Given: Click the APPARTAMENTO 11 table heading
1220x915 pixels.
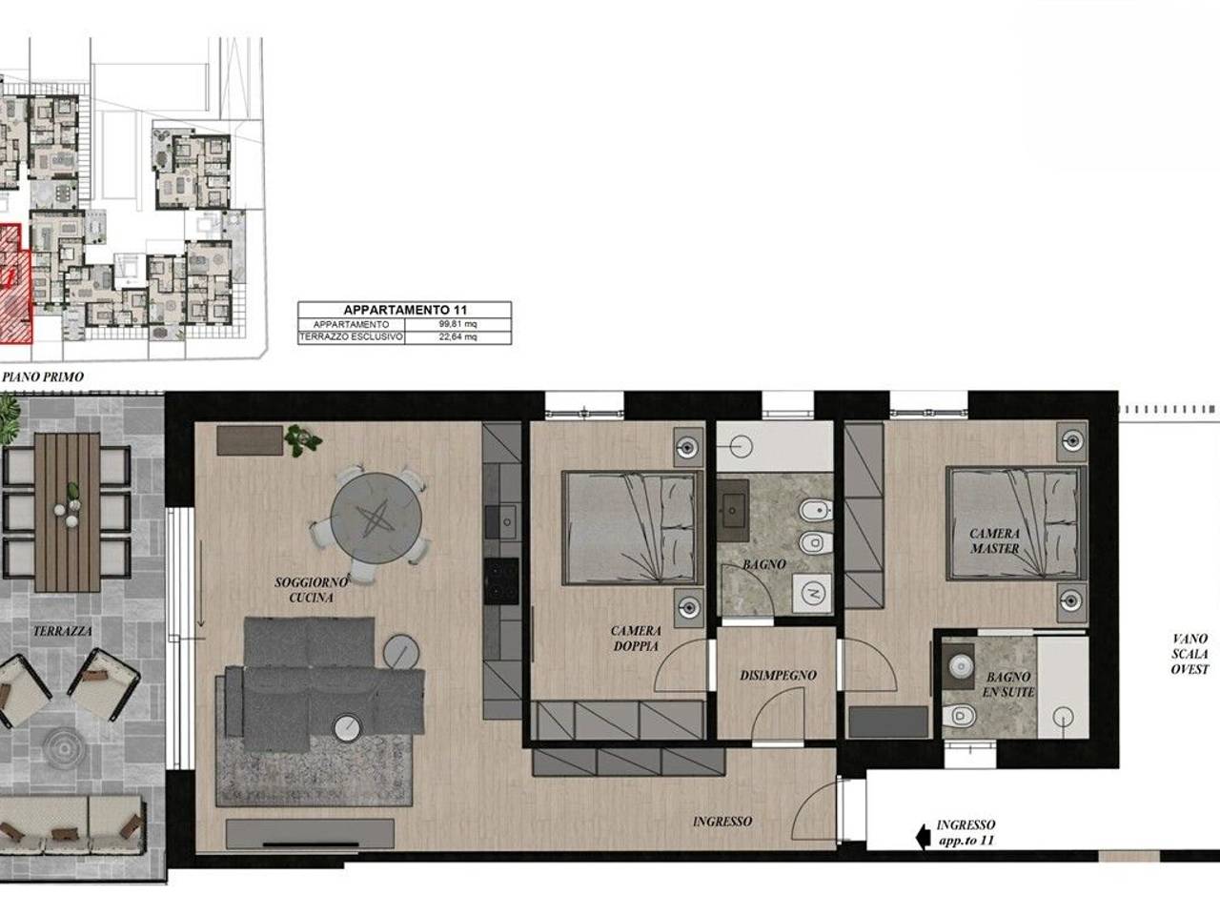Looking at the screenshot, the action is coord(405,310).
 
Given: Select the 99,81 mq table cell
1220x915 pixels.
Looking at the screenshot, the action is coord(458,324).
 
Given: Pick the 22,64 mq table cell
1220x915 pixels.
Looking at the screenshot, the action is coord(458,336).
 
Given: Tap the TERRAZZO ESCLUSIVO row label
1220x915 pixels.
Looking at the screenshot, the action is coord(352,336).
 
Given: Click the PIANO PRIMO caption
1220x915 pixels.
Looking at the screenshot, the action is coord(43,376).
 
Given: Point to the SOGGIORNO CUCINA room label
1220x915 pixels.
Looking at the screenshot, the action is coord(312,589).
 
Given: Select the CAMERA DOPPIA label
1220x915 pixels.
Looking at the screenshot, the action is coord(636,638).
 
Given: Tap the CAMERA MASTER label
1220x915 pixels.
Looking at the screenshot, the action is coord(994,540).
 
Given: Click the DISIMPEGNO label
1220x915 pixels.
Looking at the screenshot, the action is coord(778,676).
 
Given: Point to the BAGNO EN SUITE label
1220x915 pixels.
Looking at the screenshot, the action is coord(1008,684).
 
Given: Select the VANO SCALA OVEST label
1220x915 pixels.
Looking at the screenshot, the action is coord(1190,654).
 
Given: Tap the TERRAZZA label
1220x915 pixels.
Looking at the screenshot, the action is coord(63,631).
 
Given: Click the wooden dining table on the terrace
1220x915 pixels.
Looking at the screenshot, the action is coord(68,512).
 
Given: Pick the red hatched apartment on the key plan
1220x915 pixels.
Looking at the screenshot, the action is coord(15,283).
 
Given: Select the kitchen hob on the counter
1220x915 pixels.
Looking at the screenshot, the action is coord(501,581).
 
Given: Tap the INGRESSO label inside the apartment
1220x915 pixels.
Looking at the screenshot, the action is coord(722,821).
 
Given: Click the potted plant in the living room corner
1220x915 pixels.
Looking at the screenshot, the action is coord(303,440).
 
